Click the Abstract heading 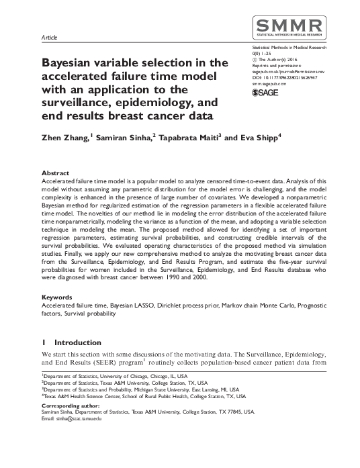(x=54, y=173)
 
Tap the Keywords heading (x=56, y=295)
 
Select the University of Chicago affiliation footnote (x=115, y=377)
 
